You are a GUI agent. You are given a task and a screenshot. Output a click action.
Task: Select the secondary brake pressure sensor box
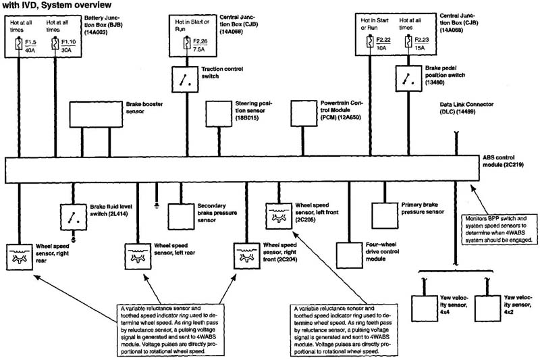[x=180, y=215]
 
